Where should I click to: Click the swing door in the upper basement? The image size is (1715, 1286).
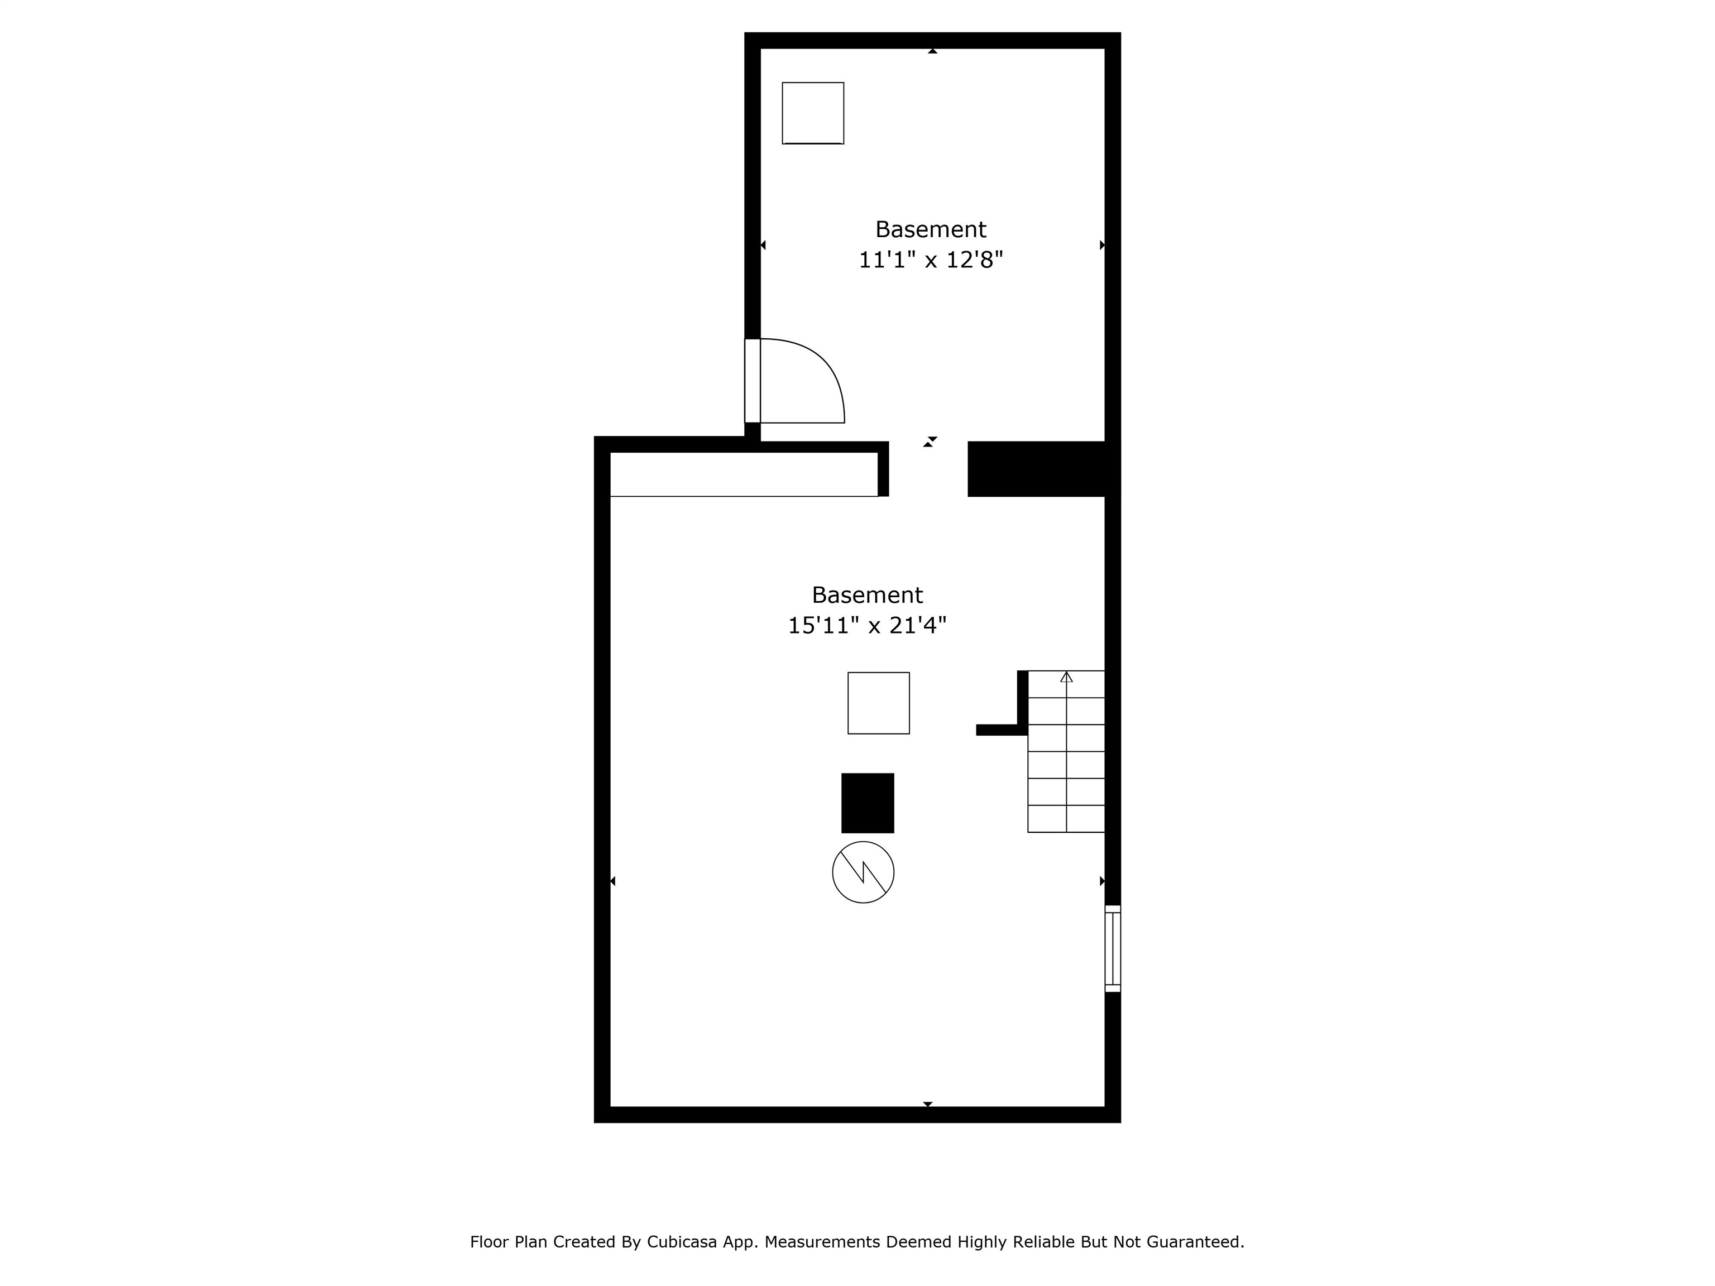click(798, 381)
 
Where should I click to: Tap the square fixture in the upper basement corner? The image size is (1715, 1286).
click(812, 113)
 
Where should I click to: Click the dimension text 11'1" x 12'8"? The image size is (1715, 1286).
click(931, 260)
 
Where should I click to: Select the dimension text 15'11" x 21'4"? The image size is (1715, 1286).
click(867, 626)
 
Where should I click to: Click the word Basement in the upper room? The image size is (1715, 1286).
click(931, 229)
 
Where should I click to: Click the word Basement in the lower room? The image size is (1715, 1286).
click(867, 596)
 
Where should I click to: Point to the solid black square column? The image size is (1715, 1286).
click(868, 803)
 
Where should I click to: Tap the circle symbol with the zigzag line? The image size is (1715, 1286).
click(863, 872)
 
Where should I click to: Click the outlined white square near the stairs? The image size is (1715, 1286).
click(878, 703)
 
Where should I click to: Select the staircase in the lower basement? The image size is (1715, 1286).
click(1066, 752)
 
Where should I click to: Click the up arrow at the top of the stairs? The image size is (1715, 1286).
click(1066, 676)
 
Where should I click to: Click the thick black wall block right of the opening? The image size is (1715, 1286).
click(1039, 469)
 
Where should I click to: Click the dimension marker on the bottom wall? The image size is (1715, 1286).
click(927, 1104)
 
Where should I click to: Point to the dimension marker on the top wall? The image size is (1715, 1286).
click(933, 51)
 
